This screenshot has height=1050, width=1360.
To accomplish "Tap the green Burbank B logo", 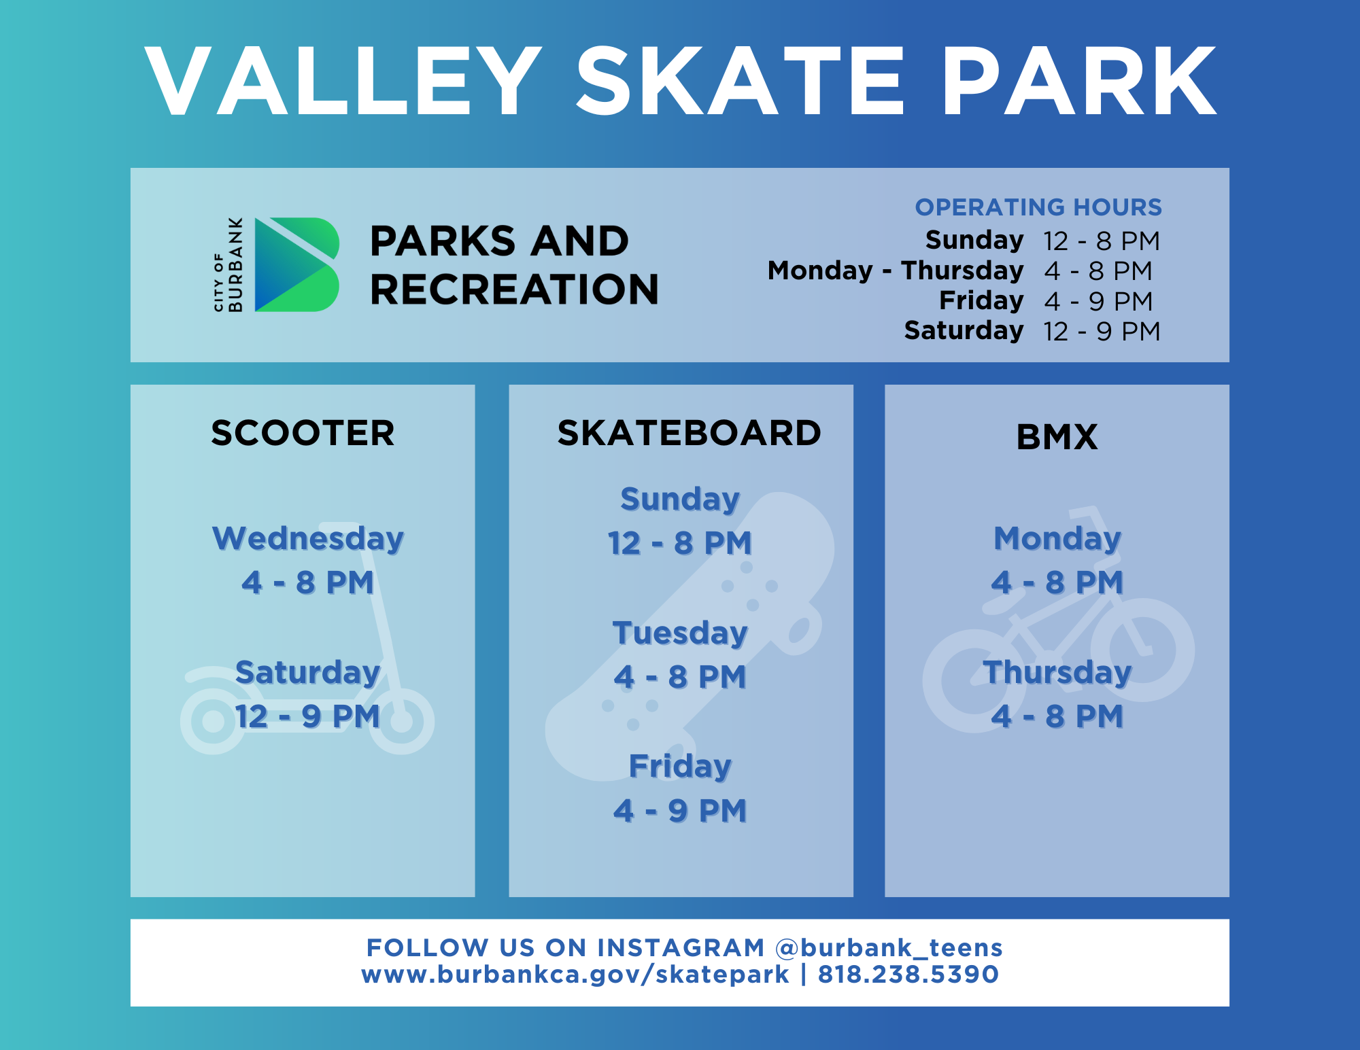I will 296,264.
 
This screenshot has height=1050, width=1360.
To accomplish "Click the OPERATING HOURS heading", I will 1038,207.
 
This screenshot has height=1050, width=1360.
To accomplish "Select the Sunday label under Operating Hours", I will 974,240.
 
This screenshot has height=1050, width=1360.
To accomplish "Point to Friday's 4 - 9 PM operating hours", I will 1098,301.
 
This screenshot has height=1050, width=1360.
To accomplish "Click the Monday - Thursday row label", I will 895,270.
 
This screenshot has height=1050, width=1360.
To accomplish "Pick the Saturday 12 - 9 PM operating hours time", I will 1102,332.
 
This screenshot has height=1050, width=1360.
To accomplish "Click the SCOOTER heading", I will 303,433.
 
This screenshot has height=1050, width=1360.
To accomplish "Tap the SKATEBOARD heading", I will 689,433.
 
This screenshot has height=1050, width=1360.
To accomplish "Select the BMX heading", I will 1057,437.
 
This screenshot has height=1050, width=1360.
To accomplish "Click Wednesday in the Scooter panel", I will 308,538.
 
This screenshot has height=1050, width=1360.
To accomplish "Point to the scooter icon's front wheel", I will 401,720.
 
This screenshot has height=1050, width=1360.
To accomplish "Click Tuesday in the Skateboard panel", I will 680,633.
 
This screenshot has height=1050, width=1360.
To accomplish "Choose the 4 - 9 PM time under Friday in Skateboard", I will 680,810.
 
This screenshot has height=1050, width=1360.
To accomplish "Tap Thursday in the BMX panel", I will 1057,672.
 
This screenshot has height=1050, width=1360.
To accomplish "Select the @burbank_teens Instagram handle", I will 889,947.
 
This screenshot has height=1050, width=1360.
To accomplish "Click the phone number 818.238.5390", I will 908,974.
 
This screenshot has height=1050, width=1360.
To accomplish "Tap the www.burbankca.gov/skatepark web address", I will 575,974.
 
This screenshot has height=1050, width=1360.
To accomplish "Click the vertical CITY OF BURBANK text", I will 228,264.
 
